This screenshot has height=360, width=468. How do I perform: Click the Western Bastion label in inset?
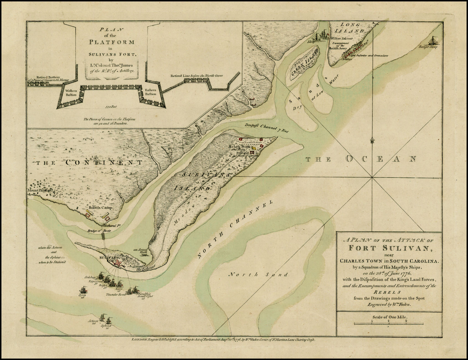71,92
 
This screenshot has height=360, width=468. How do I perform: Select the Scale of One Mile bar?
389,323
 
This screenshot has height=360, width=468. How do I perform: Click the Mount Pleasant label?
40,191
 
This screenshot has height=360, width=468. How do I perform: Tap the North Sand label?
258,275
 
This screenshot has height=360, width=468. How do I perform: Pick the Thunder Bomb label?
116,295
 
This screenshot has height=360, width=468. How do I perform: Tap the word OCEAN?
381,159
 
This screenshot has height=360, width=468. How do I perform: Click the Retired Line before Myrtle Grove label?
197,76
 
